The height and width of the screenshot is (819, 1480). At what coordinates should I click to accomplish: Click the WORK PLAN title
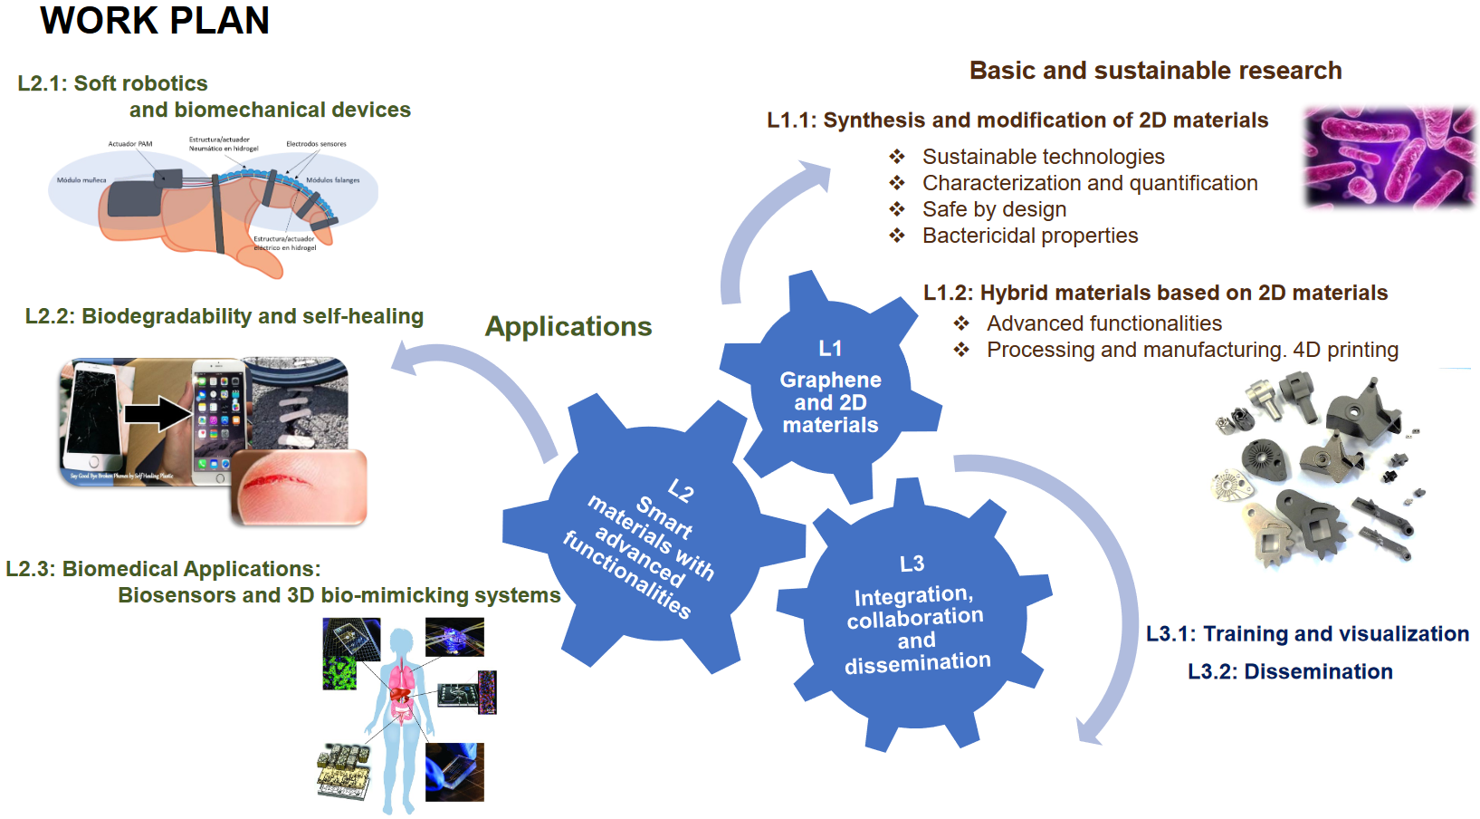155,21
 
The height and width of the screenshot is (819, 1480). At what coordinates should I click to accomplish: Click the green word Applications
568,326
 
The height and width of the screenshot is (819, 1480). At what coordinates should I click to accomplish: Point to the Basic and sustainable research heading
1155,71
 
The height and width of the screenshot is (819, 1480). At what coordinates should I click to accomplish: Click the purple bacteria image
1389,156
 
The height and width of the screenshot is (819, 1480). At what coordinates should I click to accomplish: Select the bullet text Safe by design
994,209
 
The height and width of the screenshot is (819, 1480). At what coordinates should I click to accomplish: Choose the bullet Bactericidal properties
1030,236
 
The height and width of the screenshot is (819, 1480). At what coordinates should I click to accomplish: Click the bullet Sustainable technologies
1043,157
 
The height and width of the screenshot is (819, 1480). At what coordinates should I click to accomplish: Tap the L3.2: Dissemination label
1290,671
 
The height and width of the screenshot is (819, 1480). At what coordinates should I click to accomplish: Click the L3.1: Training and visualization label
1307,633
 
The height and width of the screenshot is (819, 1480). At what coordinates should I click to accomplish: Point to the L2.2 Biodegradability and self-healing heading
224,316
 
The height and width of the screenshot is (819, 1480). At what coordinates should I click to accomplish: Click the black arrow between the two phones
158,413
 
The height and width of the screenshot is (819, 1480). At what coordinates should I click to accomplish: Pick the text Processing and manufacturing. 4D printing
1192,350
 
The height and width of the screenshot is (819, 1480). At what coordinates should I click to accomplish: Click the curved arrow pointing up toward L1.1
760,226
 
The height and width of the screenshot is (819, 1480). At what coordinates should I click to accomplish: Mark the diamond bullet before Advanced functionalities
961,323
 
